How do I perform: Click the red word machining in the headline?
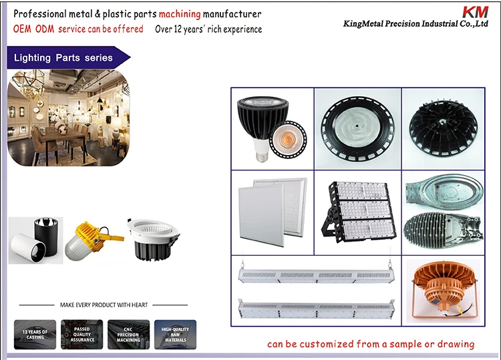[180, 14]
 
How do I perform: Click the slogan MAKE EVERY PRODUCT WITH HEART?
[104, 305]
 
